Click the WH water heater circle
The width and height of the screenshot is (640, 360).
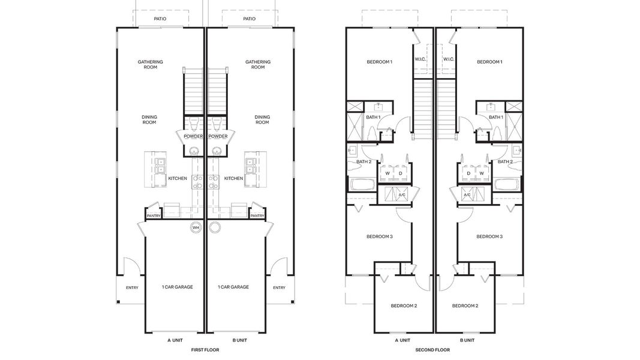pos(196,227)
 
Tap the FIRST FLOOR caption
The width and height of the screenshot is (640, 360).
pos(205,350)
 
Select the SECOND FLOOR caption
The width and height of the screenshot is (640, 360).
pos(432,350)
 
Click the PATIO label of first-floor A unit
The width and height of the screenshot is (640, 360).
pos(160,19)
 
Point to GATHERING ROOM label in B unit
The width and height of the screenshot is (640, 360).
pos(258,64)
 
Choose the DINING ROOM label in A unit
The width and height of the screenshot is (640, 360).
pos(149,120)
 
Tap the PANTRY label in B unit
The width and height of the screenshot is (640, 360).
pos(257,216)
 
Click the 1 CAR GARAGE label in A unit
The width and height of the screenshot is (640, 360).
pos(178,287)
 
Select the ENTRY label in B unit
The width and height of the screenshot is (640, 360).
pos(279,287)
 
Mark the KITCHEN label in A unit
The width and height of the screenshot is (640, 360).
pos(178,178)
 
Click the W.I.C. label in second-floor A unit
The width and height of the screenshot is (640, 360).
pos(420,59)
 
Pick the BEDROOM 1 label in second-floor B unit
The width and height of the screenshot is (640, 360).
pos(489,62)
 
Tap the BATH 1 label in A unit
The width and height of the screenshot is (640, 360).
pos(373,117)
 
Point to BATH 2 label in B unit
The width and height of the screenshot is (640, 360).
pos(505,161)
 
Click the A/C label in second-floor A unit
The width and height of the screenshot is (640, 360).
pos(402,195)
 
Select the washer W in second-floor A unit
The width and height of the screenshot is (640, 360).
pos(387,173)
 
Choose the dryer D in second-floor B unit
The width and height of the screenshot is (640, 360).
pos(468,173)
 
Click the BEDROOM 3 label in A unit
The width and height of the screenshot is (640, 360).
pos(379,236)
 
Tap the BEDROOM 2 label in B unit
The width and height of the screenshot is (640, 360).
pos(465,306)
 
